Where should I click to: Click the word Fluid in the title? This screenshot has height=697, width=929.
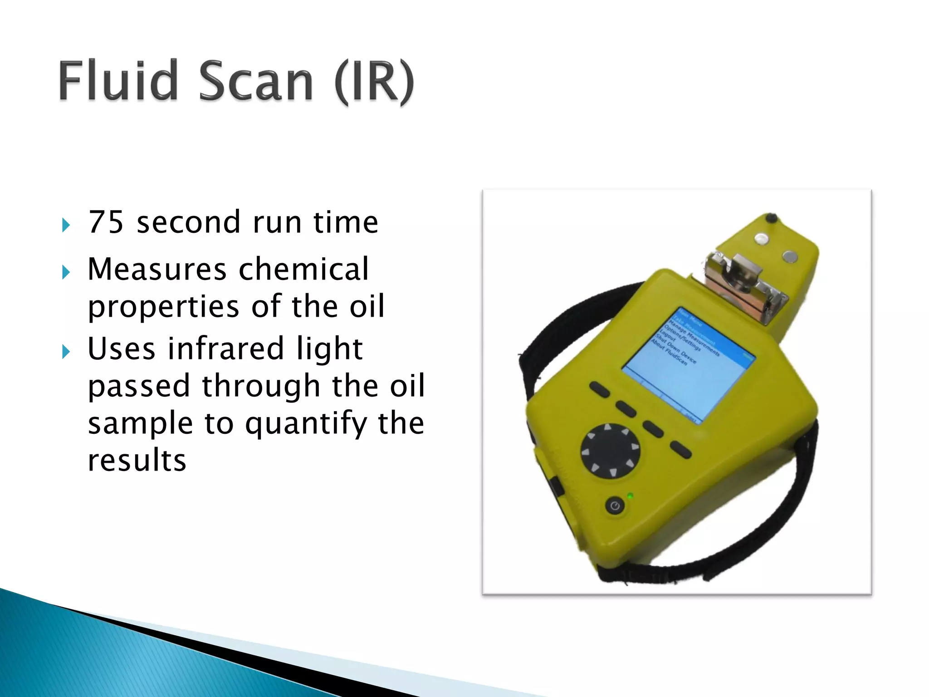point(118,81)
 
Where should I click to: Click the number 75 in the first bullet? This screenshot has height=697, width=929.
point(106,222)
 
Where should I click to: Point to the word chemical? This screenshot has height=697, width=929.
point(303,269)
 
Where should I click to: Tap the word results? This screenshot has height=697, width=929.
point(137,460)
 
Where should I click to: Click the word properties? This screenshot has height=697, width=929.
point(164,307)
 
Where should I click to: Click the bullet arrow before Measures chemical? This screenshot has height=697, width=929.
point(66,272)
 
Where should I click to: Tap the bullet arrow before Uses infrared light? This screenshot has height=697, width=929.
point(66,352)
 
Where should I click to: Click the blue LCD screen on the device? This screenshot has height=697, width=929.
point(688,363)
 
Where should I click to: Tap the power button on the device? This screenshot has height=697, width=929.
point(615,506)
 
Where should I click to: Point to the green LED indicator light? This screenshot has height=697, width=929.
point(630,496)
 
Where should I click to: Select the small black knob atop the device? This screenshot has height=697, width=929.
point(770,218)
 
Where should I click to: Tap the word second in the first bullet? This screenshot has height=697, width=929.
point(188,222)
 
